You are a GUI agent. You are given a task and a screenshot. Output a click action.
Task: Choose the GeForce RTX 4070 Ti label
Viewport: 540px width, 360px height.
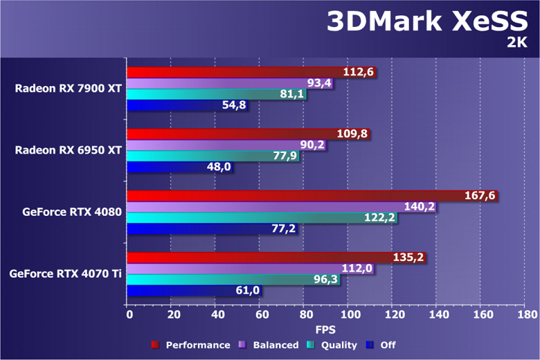click(66, 273)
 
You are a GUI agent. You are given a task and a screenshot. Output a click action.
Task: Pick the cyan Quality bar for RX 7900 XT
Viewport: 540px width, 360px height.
click(208, 94)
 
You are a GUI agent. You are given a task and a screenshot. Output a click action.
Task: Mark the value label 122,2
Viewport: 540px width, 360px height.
click(380, 218)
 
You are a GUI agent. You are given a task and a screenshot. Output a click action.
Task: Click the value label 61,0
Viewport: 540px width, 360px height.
click(247, 291)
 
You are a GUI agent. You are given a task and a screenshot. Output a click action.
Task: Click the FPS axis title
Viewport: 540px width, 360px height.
click(325, 330)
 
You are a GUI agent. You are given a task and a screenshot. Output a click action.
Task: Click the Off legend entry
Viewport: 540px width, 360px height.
click(384, 345)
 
